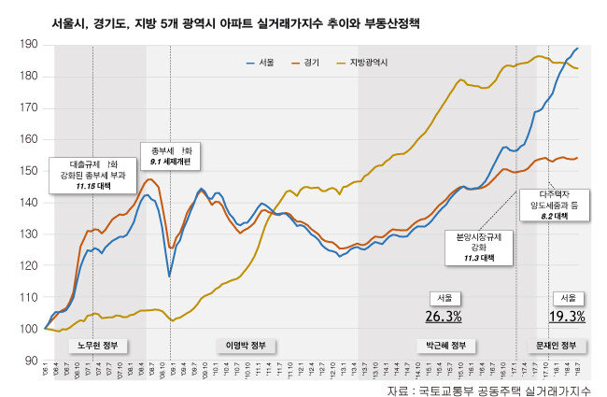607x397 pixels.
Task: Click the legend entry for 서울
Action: tap(265, 62)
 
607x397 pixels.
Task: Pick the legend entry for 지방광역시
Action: tap(366, 62)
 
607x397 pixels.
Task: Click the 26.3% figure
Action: tap(441, 316)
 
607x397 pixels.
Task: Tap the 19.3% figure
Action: tap(566, 316)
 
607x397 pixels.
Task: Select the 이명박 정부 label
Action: tap(247, 345)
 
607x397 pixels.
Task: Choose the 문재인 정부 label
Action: tap(557, 345)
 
